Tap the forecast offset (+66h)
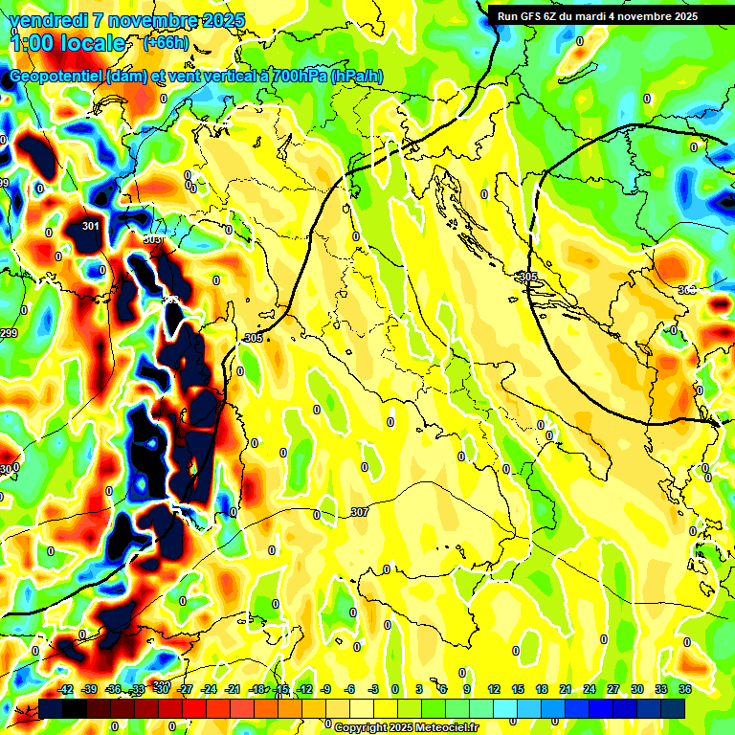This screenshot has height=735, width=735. point(166,43)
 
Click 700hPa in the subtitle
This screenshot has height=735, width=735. point(296,77)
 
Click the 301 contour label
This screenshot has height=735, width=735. point(91,227)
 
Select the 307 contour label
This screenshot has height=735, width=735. point(360,513)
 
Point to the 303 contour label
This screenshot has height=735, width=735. point(153,240)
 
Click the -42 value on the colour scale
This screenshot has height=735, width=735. point(66,689)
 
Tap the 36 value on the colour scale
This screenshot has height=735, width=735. point(685,689)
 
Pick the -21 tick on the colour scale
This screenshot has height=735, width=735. point(233,689)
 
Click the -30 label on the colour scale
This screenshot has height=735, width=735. point(162,689)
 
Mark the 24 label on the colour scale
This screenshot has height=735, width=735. point(590,689)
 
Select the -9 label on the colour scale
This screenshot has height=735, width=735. point(325,689)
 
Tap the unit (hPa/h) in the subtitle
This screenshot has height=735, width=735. point(358,77)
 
